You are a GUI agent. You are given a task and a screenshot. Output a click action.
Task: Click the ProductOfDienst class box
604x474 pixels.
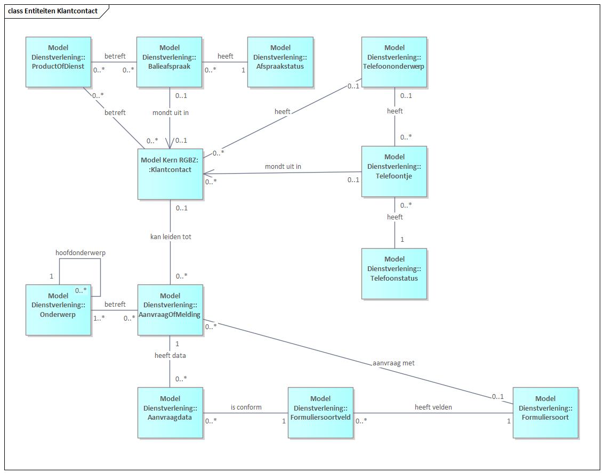58,62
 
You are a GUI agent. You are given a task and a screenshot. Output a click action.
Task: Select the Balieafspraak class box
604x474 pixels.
169,62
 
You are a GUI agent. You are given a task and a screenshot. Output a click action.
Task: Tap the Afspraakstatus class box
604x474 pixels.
280,62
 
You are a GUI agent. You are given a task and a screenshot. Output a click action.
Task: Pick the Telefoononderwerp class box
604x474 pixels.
394,62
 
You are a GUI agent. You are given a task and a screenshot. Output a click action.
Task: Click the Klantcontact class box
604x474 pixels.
170,174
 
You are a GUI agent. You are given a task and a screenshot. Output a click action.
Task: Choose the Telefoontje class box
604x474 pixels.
394,171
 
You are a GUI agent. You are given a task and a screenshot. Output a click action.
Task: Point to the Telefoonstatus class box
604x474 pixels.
394,273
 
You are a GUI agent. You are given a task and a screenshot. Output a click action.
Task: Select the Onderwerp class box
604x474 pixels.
58,309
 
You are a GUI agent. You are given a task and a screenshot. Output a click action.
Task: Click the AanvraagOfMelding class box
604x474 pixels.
170,309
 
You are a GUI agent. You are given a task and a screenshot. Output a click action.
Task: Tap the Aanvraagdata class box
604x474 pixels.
170,412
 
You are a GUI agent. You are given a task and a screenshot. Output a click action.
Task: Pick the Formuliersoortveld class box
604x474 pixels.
320,412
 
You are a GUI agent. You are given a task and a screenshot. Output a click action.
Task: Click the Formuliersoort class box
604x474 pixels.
545,412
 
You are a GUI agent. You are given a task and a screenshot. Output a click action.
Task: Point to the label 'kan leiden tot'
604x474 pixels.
171,236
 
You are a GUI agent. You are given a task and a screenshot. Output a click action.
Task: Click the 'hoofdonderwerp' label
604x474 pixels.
80,252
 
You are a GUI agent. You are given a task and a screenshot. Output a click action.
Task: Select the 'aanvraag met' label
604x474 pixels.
393,363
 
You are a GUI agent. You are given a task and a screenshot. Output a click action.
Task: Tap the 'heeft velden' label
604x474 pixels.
433,407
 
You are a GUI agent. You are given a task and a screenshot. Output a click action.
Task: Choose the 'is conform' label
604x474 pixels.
246,407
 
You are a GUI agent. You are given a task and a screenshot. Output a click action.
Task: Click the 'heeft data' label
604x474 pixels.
171,355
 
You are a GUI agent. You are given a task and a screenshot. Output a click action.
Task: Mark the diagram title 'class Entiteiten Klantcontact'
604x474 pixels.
53,11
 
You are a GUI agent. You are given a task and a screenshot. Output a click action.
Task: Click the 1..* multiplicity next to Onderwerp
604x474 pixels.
99,318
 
